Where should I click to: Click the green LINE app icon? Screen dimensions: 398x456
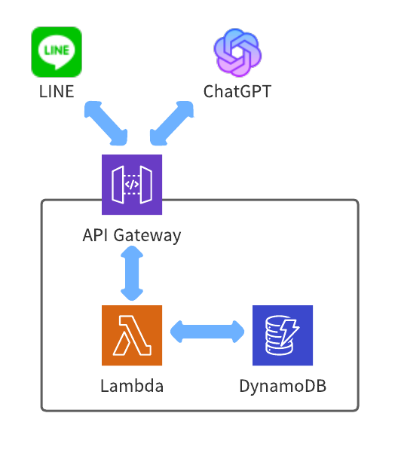click(57, 52)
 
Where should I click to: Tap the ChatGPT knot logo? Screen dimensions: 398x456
click(237, 52)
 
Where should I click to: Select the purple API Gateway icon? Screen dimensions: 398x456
click(132, 185)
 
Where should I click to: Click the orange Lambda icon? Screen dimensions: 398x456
click(132, 335)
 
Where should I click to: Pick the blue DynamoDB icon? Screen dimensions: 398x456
click(283, 335)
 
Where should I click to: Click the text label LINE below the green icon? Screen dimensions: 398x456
click(57, 92)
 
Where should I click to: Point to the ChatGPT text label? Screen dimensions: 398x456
click(237, 92)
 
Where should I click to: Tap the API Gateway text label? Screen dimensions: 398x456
click(132, 236)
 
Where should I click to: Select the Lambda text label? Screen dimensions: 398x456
click(132, 386)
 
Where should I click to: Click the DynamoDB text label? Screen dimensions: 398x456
click(283, 387)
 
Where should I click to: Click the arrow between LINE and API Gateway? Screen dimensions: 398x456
click(106, 123)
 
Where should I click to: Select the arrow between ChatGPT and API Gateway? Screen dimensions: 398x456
click(172, 123)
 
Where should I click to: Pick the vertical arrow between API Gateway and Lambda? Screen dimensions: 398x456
click(132, 273)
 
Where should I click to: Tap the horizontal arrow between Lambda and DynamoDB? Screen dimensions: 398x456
click(207, 332)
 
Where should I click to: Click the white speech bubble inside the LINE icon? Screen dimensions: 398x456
click(57, 52)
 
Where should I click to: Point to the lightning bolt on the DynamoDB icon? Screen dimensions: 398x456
click(289, 332)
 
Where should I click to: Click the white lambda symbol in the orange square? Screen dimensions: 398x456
click(132, 335)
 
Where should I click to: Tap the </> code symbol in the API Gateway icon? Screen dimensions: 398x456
click(132, 185)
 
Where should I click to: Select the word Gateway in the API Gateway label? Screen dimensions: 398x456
click(147, 236)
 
